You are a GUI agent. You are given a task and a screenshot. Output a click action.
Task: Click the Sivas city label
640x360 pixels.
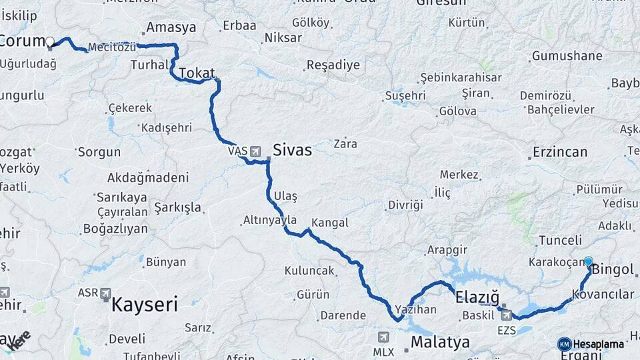click(292, 150)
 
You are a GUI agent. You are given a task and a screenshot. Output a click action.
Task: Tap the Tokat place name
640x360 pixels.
click(197, 73)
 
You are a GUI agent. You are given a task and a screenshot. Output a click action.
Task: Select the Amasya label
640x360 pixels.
click(171, 27)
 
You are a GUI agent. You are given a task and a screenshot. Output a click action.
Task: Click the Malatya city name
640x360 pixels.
click(440, 343)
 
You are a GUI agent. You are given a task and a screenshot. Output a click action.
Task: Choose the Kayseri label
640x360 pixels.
click(145, 305)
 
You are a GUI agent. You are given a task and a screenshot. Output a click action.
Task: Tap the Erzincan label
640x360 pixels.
click(559, 152)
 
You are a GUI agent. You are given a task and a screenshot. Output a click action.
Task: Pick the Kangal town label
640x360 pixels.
click(329, 223)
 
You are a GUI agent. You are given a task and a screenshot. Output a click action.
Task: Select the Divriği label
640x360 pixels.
click(405, 205)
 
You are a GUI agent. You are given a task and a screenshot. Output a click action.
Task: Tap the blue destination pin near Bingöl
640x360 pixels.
click(589, 262)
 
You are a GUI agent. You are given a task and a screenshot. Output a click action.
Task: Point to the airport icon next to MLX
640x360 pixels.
click(383, 337)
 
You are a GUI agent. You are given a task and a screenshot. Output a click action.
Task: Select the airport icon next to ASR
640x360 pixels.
click(105, 293)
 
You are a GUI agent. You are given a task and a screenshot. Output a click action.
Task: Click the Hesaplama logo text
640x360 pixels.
click(598, 344)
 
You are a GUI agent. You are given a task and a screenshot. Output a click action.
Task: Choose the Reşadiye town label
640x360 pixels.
click(333, 65)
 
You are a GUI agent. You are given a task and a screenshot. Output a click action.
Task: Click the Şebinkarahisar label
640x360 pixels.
click(461, 77)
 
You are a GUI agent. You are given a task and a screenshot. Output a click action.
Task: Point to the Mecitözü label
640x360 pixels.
click(112, 47)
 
